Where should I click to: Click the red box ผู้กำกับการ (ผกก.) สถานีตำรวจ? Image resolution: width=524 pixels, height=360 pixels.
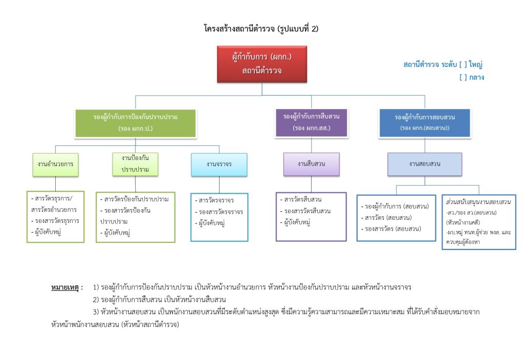click(261, 64)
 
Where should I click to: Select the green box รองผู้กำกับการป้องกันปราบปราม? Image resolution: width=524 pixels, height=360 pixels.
click(135, 123)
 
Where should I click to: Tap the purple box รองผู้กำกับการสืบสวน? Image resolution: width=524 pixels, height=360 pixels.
click(311, 122)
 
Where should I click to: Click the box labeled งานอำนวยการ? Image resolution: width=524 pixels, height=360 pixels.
click(55, 164)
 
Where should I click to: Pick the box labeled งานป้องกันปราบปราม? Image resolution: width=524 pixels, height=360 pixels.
click(135, 164)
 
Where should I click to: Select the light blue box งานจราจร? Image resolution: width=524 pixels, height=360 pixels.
click(219, 164)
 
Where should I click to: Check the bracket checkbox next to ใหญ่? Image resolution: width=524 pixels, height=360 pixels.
click(463, 65)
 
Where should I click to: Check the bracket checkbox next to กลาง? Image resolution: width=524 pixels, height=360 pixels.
click(463, 78)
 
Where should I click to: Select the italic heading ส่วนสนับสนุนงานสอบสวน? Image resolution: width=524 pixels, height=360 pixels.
click(478, 202)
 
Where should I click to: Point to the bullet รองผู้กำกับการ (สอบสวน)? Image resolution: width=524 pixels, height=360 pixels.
click(394, 207)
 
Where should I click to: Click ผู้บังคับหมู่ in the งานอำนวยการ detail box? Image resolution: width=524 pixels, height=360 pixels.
click(50, 232)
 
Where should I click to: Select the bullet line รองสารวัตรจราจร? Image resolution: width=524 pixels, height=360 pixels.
click(219, 212)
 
